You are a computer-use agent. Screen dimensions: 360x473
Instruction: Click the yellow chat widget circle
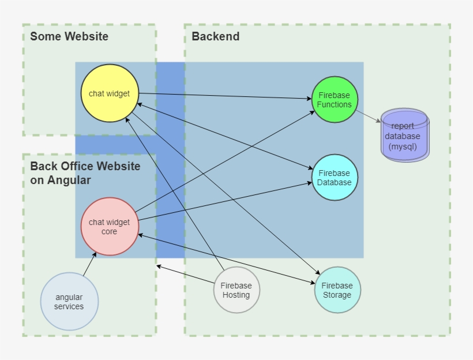pos(110,93)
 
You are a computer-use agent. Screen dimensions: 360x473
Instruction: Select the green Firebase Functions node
pos(335,99)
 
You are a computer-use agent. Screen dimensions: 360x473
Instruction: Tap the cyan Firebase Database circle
pos(335,177)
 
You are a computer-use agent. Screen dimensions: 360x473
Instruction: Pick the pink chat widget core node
pos(110,226)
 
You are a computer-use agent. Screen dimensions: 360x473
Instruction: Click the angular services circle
pos(69,301)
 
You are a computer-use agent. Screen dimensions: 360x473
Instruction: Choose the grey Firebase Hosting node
pos(236,290)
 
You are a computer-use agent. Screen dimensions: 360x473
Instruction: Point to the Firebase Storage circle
pos(337,290)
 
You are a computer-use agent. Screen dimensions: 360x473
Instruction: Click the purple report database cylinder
pos(404,136)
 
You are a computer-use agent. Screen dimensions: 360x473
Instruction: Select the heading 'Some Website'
pos(69,37)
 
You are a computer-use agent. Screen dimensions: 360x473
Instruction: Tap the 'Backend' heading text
pos(215,37)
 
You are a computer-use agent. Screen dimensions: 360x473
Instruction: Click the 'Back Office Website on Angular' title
pos(85,173)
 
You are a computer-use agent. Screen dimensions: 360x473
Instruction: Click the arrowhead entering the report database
pos(378,121)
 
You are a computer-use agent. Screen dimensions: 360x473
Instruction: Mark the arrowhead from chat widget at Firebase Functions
pos(309,99)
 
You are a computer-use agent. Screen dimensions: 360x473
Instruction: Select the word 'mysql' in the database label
pos(403,147)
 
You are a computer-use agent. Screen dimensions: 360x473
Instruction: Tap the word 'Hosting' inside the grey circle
pos(236,295)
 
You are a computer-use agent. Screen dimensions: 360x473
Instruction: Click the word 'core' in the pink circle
pos(109,231)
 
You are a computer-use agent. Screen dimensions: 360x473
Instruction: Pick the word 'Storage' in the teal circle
pos(337,295)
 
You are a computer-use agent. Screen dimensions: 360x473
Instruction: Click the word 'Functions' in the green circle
pos(335,104)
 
